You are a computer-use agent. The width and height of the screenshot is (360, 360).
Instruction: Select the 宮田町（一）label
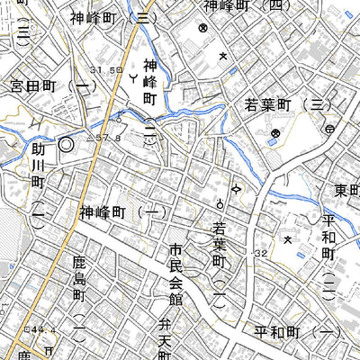pyautogui.click(x=49, y=86)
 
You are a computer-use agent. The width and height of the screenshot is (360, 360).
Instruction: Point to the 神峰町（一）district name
pyautogui.click(x=122, y=212)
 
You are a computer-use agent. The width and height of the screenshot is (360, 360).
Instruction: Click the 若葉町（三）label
pyautogui.click(x=283, y=106)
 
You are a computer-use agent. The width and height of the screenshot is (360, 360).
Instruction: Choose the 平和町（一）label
pyautogui.click(x=297, y=333)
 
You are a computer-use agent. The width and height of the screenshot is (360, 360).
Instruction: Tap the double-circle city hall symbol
pyautogui.click(x=66, y=144)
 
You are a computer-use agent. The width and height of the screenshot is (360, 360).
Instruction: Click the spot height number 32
pyautogui.click(x=261, y=255)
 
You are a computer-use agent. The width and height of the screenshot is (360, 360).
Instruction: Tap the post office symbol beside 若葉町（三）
pyautogui.click(x=330, y=130)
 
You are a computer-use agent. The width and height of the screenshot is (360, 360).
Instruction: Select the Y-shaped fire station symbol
pyautogui.click(x=133, y=80)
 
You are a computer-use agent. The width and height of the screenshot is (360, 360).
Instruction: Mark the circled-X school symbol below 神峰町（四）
pyautogui.click(x=203, y=29)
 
